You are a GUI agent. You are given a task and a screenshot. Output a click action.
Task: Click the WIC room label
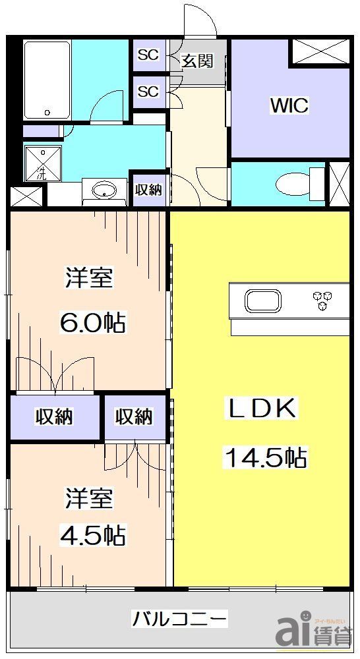[x=289, y=105]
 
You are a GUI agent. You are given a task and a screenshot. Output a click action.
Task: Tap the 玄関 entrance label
[x=197, y=61]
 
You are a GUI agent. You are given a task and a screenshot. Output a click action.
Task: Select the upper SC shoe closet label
[x=148, y=55]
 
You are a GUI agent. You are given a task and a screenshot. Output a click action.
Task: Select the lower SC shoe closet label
[x=148, y=91]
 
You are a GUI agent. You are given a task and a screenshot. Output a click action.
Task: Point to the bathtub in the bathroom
[x=47, y=80]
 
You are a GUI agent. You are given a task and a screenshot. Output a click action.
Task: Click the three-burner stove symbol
[x=322, y=300]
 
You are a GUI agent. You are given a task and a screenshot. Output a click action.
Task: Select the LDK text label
[x=262, y=409]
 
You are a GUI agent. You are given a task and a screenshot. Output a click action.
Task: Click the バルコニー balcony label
[x=180, y=619]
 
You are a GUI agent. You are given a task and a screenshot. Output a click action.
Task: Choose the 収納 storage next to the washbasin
[x=148, y=190]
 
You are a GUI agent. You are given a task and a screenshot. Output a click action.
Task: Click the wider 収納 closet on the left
[x=54, y=417]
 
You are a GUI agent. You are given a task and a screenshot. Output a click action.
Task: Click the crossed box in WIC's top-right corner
[x=319, y=53]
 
